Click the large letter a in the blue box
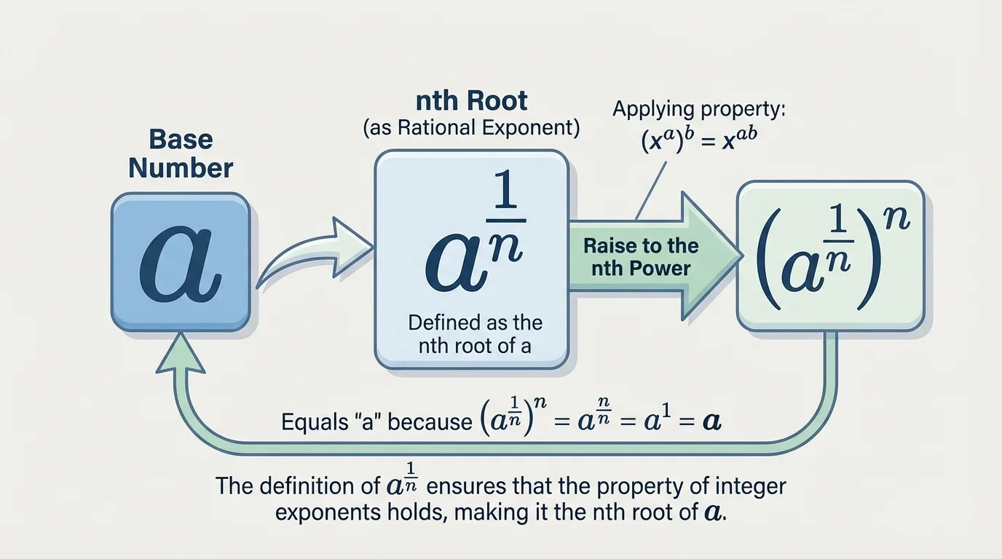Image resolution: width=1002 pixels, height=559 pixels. coord(180,264)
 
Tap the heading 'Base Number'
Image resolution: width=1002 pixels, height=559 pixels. coord(181,154)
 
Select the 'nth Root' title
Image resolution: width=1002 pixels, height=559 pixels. coord(470,100)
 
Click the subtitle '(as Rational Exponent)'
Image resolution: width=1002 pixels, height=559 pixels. coord(471,128)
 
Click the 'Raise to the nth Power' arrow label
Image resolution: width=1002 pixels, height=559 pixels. coord(641,257)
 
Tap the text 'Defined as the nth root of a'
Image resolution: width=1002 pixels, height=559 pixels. coord(475,333)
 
